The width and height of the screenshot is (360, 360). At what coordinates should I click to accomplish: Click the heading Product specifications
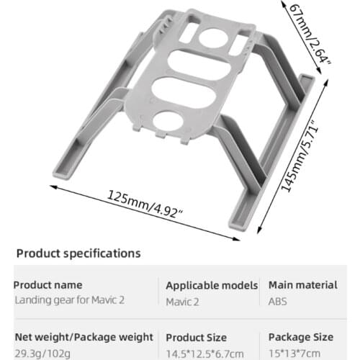click(78, 253)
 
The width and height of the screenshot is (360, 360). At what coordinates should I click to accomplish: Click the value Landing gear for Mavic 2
click(68, 300)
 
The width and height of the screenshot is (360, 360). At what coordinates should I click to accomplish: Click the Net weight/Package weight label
click(83, 337)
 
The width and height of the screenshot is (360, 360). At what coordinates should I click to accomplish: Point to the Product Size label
click(196, 337)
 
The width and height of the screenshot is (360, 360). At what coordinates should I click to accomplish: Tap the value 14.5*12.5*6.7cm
click(205, 351)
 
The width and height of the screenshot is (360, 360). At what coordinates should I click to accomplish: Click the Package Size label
click(300, 337)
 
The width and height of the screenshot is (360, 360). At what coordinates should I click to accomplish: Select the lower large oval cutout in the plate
click(189, 93)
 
